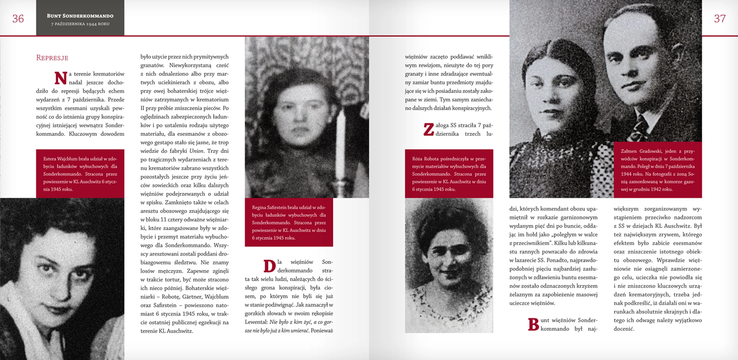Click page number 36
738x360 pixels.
[x=18, y=19]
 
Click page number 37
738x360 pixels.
[x=720, y=19]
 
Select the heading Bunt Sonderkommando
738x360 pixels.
[x=80, y=16]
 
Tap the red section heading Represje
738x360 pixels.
[x=52, y=58]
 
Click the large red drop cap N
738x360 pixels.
[x=61, y=78]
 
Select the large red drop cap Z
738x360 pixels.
[x=428, y=129]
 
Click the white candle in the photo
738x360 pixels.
[x=341, y=144]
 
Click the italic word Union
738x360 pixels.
[x=196, y=151]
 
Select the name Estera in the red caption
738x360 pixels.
[x=50, y=159]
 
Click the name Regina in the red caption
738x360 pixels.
[x=259, y=208]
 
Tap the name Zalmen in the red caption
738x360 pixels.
[x=629, y=151]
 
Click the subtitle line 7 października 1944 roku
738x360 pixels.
[x=80, y=24]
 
